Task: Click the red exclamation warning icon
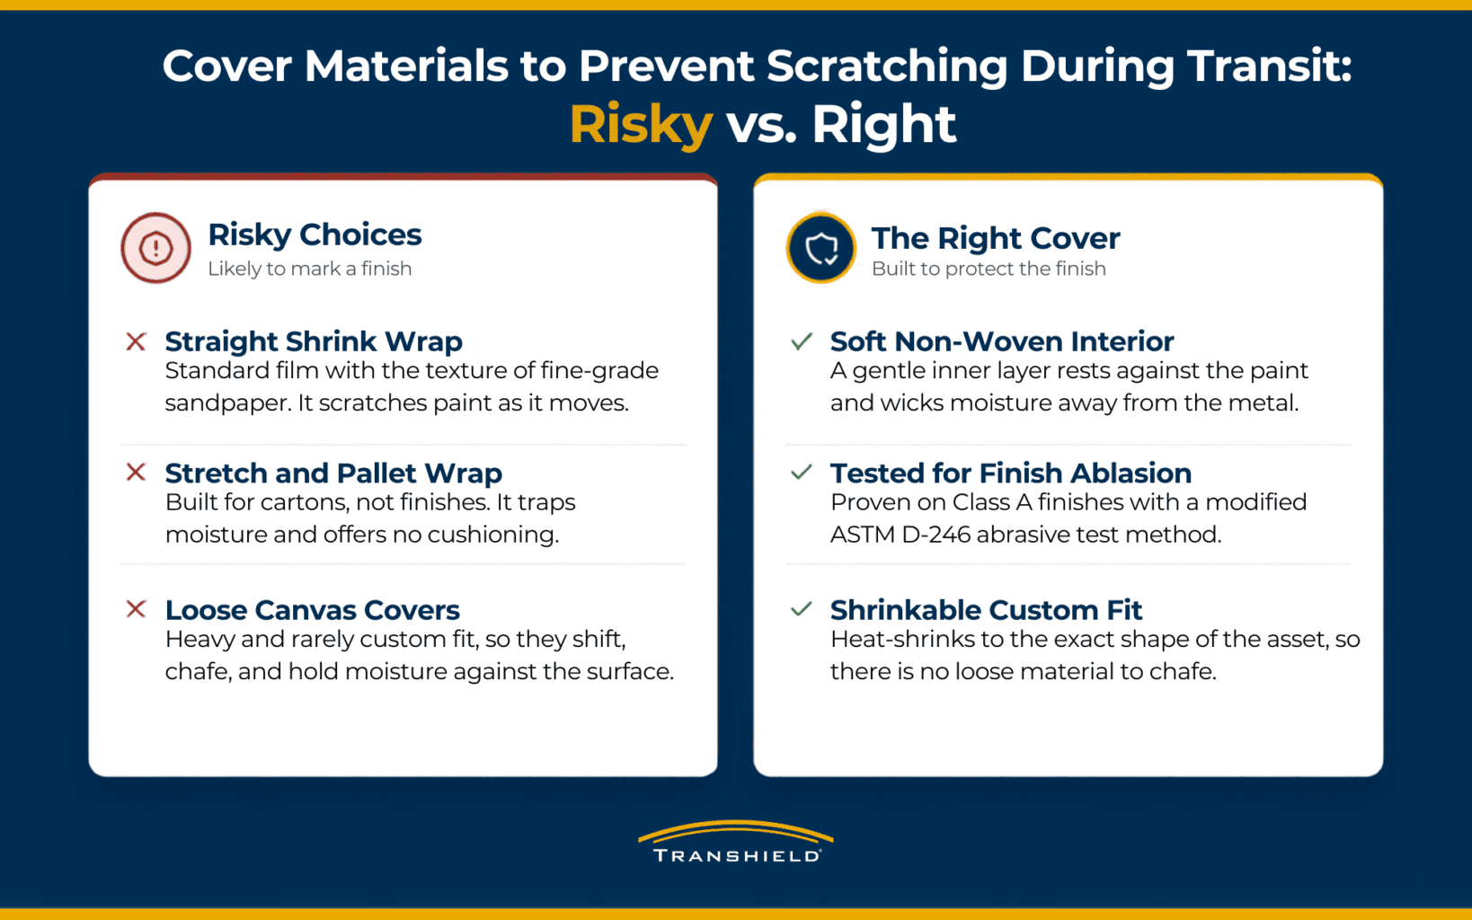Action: (155, 248)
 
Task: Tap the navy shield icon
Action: (820, 248)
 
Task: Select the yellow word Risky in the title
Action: (641, 125)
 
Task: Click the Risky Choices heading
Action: (315, 234)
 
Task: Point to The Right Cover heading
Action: (996, 238)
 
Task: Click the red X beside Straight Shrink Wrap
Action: (136, 341)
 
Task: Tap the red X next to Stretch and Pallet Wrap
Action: (136, 472)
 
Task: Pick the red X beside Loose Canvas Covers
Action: (136, 608)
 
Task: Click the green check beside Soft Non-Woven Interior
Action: (802, 341)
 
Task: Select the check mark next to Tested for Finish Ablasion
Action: (802, 472)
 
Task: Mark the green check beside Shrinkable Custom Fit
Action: (802, 608)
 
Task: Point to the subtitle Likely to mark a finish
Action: (309, 269)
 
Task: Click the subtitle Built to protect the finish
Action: (989, 269)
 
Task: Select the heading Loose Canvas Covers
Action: (312, 610)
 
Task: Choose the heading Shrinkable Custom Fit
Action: (986, 610)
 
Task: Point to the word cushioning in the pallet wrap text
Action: (492, 535)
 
